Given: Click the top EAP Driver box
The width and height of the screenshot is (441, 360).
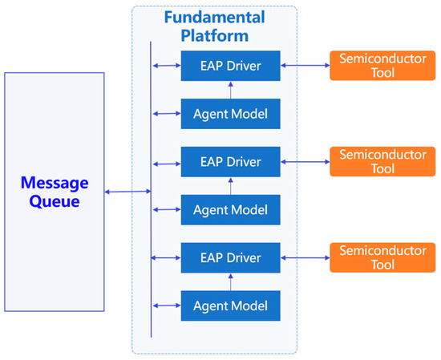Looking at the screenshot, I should pos(231,66).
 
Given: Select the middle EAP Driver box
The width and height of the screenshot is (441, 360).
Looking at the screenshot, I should pos(231,162).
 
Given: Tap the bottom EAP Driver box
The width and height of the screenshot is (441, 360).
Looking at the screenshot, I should pos(231,257).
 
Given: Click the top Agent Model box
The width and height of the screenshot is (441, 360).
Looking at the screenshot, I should pos(231,114).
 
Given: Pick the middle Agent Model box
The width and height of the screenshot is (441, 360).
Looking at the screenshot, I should pos(231,209).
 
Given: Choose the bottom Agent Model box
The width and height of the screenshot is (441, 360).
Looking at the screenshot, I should pos(231,305).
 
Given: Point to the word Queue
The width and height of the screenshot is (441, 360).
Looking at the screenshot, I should pos(52,201).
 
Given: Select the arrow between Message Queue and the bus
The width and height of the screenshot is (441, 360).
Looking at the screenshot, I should pos(127,192).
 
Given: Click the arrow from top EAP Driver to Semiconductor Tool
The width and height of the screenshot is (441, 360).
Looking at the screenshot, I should pos(305,66).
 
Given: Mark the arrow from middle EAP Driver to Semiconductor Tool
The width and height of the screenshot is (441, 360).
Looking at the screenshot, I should pos(305,162).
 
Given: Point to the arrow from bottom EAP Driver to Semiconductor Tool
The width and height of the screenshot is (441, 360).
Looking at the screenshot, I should pos(305,257).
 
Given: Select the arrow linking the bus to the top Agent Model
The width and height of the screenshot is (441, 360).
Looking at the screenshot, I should pos(166,114).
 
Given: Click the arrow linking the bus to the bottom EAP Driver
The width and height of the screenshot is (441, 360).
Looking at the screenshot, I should pos(166,257).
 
